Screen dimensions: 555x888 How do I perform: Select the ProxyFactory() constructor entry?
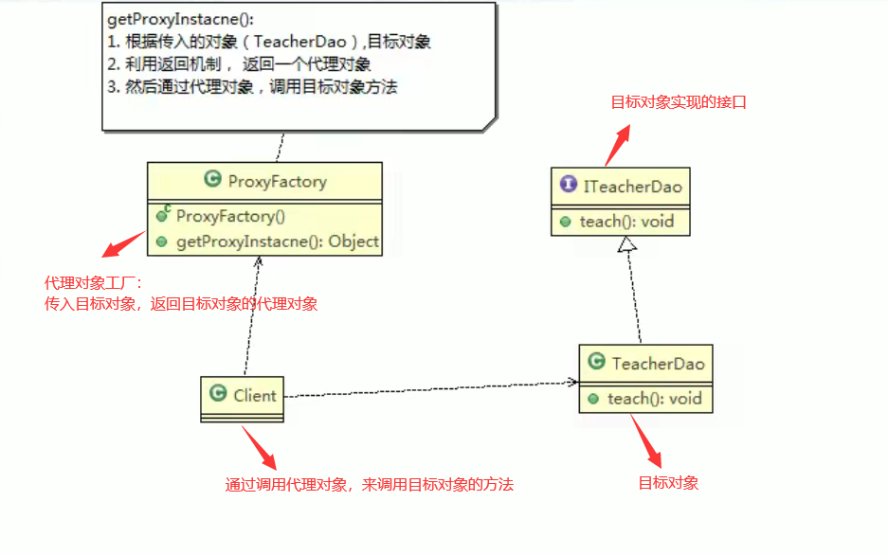224,216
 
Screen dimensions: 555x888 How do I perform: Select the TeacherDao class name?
658,363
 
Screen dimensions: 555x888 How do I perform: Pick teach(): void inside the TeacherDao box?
654,399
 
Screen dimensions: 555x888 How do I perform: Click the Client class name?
255,395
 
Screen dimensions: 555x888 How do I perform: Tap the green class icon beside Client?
218,395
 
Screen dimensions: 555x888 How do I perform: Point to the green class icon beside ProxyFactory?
213,180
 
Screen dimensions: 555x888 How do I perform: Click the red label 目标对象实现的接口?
678,101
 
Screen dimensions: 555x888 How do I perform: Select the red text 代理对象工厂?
93,283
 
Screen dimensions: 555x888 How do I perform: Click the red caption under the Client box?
370,484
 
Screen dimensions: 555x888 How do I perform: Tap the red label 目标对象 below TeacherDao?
668,483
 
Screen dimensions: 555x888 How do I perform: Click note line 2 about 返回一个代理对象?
237,64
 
